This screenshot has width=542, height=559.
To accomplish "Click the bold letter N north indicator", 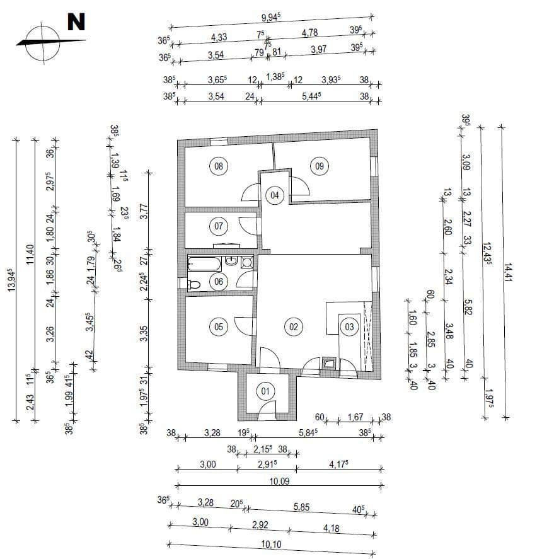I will coord(76,22).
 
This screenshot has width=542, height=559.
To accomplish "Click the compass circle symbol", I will coord(39,42).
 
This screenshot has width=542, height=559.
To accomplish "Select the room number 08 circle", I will coord(219,166).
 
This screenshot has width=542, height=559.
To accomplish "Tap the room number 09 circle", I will coord(319,166).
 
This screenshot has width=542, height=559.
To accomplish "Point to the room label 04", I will coord(275,195).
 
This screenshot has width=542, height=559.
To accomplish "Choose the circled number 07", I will coord(219,225).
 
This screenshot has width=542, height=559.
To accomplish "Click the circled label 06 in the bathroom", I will coord(219,282).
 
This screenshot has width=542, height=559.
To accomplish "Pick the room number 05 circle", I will coord(219,326).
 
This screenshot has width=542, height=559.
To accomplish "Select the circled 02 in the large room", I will coord(293,326).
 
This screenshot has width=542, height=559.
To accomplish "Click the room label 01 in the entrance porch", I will coord(265,391).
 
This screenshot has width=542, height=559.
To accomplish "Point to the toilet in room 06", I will coord(193,285).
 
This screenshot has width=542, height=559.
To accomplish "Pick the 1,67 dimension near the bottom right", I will coord(356,417).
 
